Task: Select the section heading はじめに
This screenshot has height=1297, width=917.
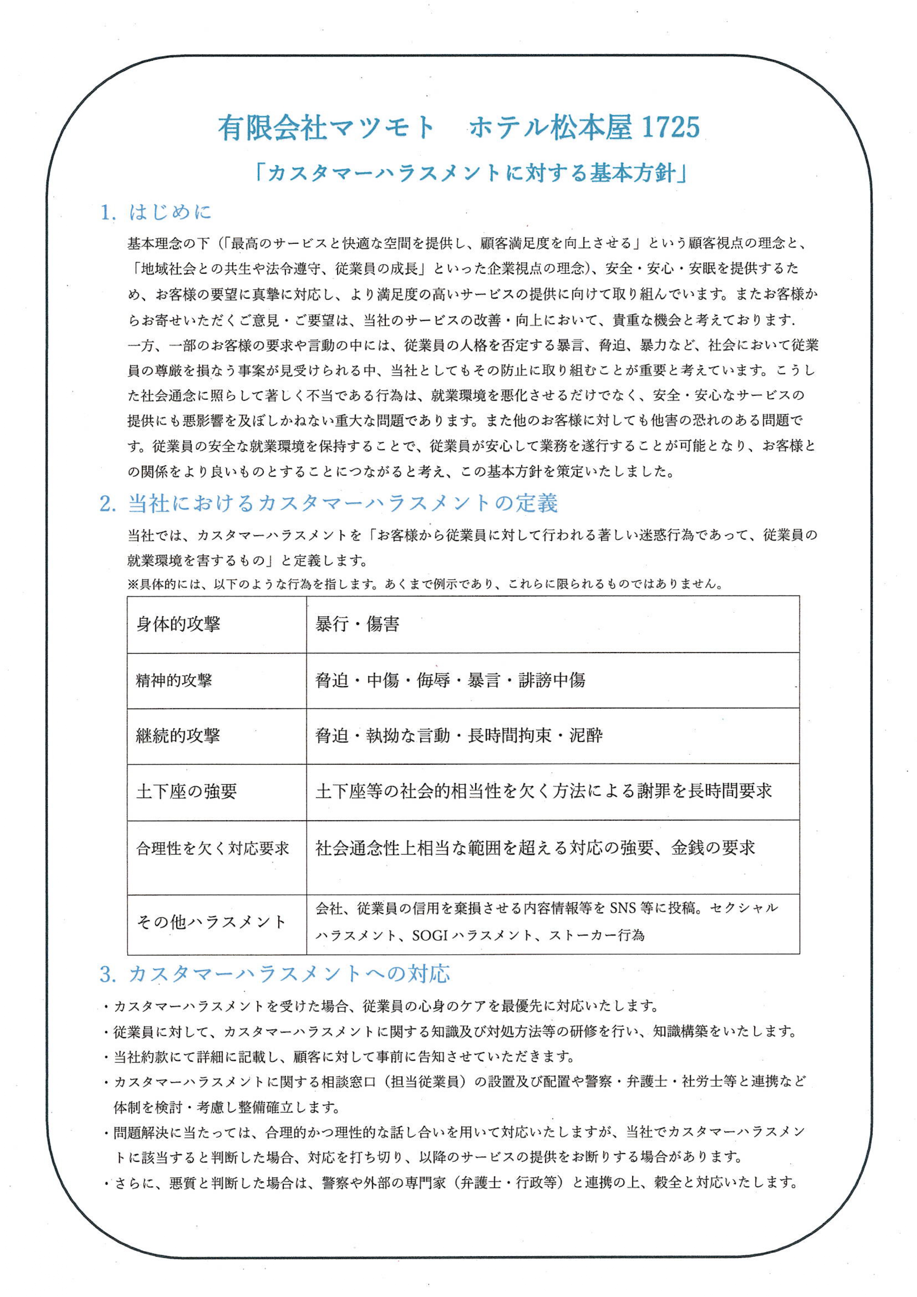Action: click(x=170, y=212)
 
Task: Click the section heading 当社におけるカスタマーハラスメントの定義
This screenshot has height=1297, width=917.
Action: click(x=342, y=503)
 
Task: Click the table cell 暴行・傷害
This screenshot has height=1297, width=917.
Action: click(x=357, y=624)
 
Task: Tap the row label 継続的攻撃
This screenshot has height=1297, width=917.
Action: click(x=178, y=735)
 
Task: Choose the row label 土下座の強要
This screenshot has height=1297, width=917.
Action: click(x=186, y=792)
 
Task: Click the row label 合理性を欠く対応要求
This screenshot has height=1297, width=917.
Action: click(x=213, y=848)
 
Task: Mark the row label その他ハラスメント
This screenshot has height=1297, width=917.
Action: click(x=211, y=922)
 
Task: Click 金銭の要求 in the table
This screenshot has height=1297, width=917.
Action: click(x=713, y=848)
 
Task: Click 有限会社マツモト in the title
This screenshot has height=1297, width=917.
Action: click(x=326, y=128)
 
